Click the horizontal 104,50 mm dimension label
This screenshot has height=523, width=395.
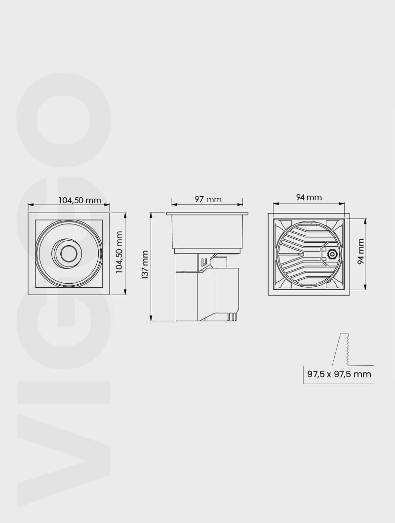tap(79, 200)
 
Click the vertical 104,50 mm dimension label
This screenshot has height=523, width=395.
tap(119, 252)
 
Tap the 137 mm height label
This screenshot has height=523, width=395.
tap(145, 265)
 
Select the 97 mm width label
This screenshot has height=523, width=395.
tap(208, 199)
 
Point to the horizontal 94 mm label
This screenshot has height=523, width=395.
tap(309, 197)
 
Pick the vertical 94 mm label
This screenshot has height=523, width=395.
tap(361, 251)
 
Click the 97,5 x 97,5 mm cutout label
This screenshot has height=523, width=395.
tap(339, 374)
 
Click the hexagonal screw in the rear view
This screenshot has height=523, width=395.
tap(332, 254)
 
